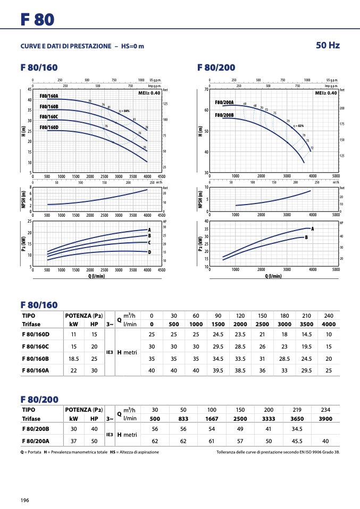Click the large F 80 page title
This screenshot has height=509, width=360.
(x=37, y=20)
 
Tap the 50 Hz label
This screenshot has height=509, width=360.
(x=328, y=45)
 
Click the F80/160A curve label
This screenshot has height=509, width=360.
(x=49, y=96)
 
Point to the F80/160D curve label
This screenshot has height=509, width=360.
(x=49, y=128)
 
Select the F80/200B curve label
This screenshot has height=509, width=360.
(x=224, y=115)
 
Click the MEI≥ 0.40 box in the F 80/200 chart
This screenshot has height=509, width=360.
(x=326, y=93)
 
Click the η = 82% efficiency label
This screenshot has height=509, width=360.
(x=298, y=125)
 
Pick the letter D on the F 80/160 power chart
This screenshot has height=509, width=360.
(x=149, y=252)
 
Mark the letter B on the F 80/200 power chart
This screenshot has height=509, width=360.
(x=306, y=237)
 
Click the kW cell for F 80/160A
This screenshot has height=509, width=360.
(x=74, y=370)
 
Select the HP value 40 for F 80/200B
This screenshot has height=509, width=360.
(x=94, y=428)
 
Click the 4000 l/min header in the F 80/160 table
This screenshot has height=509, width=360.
(x=328, y=324)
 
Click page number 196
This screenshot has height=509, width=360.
(x=25, y=500)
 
